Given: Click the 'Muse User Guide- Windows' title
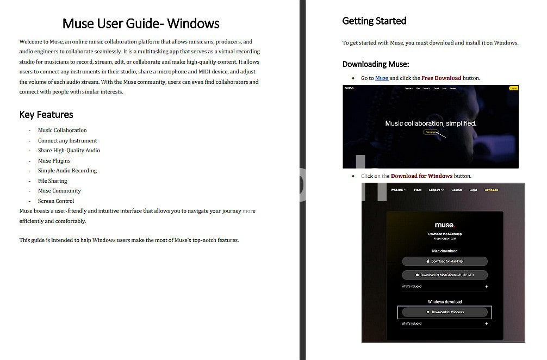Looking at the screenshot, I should [141, 23].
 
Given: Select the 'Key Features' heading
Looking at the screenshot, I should [46, 114].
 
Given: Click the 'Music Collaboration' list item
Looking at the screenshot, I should [62, 131].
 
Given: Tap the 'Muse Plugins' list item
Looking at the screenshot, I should [54, 161].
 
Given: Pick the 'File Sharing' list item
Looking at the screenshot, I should [52, 181].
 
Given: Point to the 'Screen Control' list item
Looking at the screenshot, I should [55, 201].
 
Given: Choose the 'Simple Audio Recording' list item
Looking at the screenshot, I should [67, 171].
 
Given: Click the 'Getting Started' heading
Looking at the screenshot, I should [374, 21].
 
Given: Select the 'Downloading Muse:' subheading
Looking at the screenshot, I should [376, 64].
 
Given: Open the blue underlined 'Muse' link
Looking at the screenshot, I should [382, 78].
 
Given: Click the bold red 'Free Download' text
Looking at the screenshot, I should [441, 78].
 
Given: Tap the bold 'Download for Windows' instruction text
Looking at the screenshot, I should [421, 176].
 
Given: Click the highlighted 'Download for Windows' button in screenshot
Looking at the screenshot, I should [445, 312].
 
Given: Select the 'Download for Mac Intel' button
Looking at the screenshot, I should [445, 262].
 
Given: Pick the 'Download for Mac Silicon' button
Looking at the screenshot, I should [445, 275].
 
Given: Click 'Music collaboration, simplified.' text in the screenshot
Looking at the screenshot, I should [431, 123].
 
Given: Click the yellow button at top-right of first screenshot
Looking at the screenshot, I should [513, 88].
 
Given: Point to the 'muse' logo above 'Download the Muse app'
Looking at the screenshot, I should [444, 225].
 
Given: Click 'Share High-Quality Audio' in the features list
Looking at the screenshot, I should [69, 151].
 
